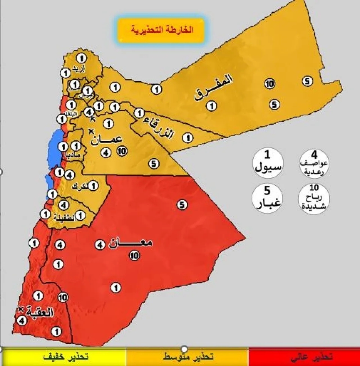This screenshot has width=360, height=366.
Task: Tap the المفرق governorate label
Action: (x=213, y=87)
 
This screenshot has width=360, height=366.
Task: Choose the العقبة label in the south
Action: (x=40, y=312)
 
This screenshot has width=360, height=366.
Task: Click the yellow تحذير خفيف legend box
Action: (x=63, y=357)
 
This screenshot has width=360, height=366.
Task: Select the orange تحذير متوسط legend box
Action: (x=188, y=357)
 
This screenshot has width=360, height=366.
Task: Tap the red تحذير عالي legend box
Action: (x=304, y=357)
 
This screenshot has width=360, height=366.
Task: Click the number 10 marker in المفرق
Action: (x=269, y=84)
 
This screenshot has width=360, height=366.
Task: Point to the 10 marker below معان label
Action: (x=134, y=255)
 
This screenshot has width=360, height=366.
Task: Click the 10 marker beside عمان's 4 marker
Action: (x=122, y=151)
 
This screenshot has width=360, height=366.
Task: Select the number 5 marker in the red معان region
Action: (x=182, y=205)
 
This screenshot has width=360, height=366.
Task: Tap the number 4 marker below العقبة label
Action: (x=22, y=320)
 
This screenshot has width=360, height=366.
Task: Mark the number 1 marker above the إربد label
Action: (x=81, y=58)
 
